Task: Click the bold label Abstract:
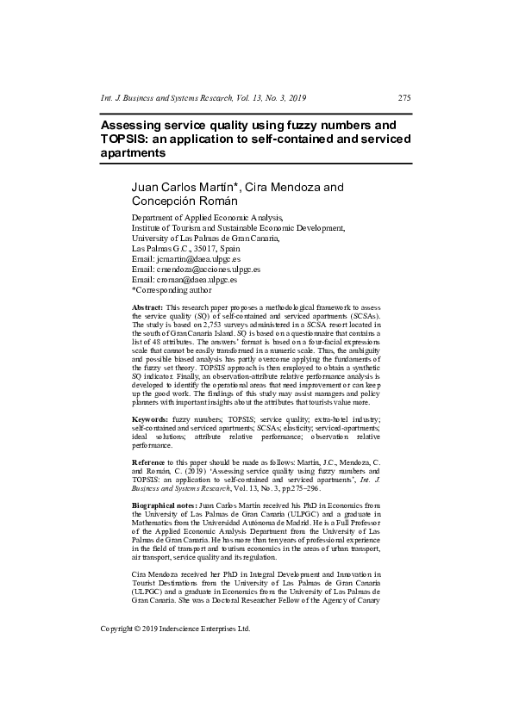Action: tap(147, 307)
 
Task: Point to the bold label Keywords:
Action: tap(150, 418)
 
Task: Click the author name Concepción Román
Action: tap(184, 201)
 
